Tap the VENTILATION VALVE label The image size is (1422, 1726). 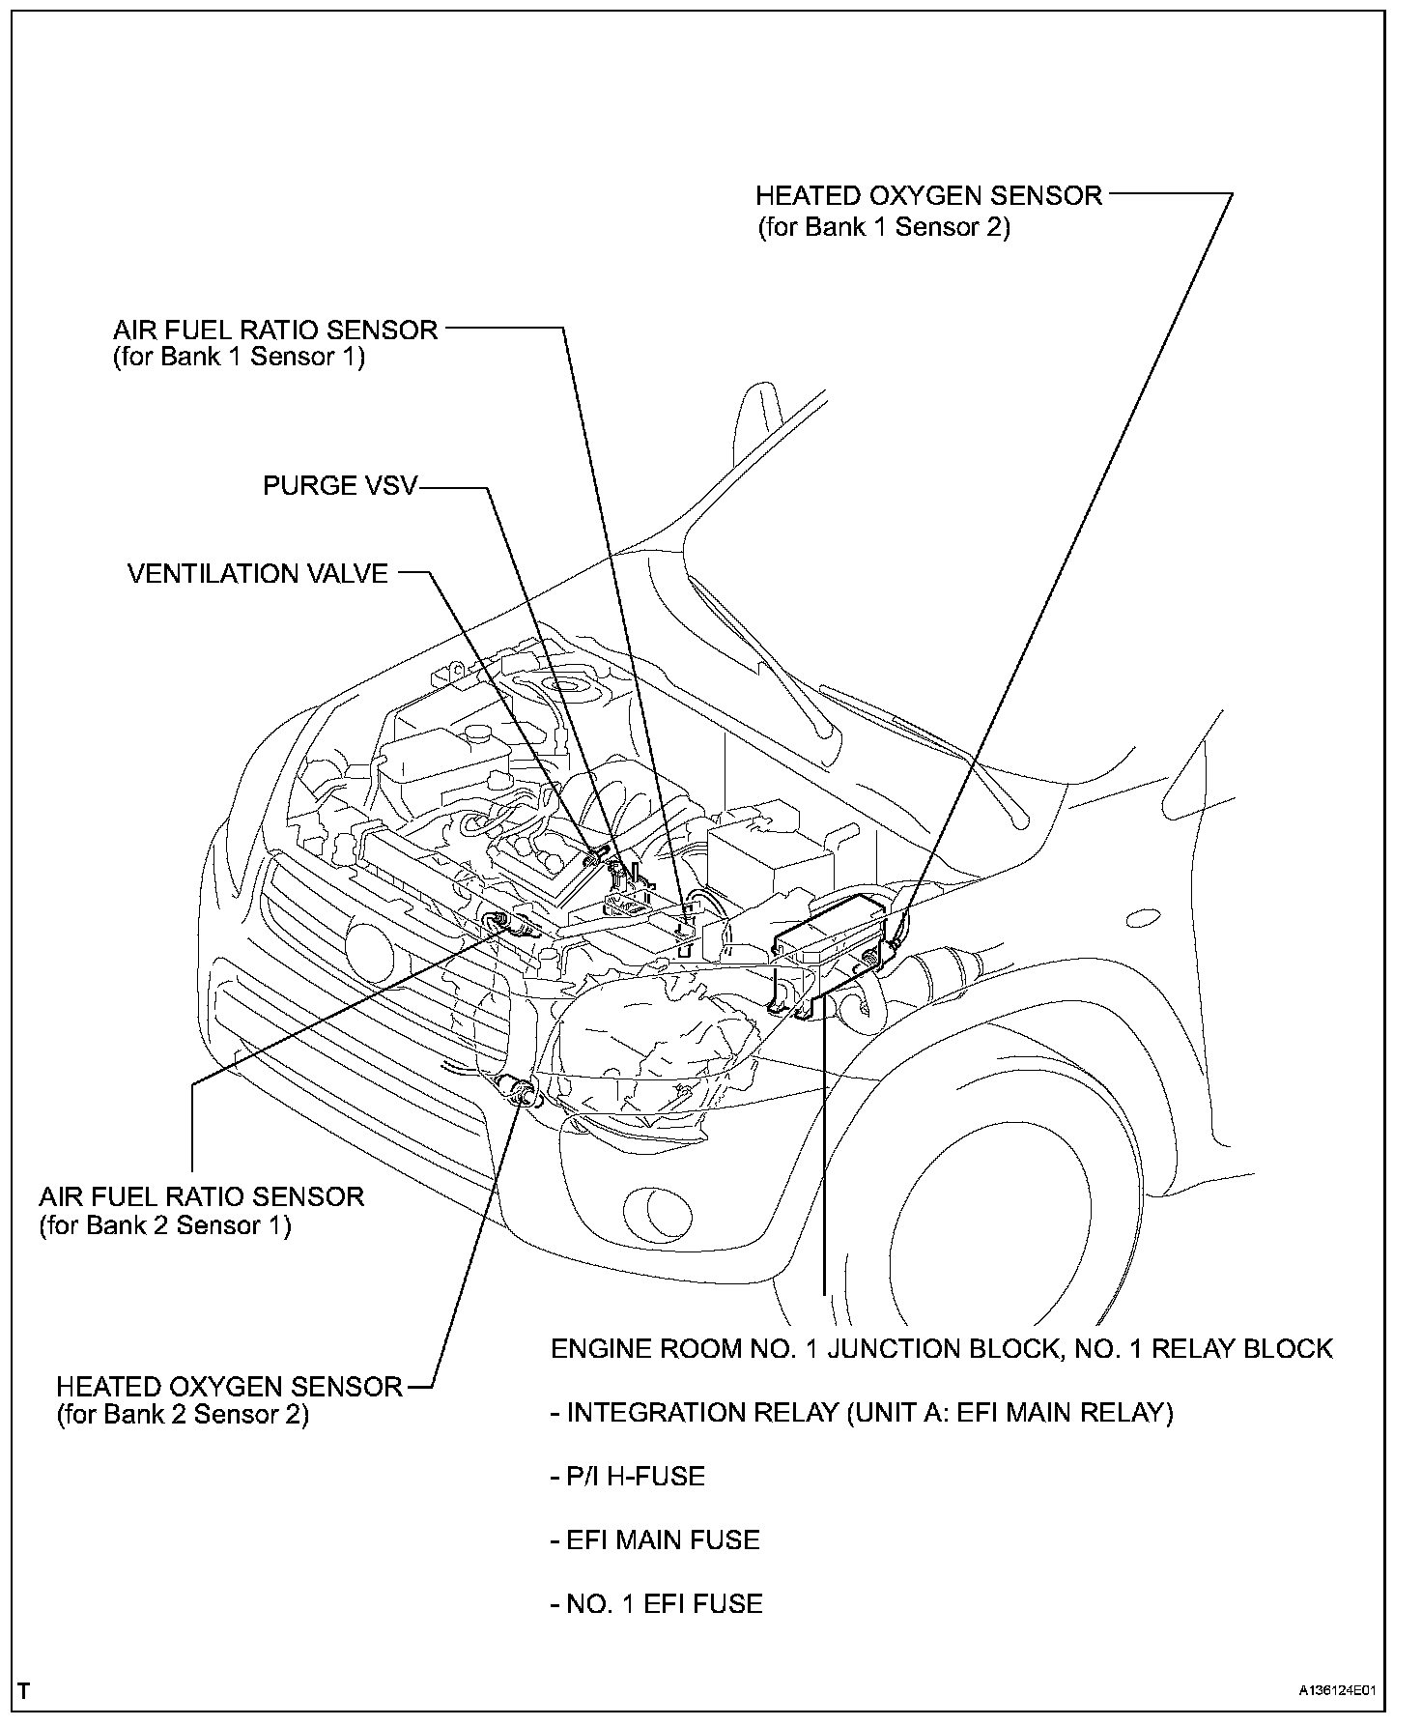[257, 573]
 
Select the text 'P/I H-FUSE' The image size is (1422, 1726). [628, 1476]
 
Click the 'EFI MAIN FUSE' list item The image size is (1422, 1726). [655, 1539]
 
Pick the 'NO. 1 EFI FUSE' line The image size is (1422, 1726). [657, 1603]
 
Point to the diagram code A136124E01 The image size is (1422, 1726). [1336, 1691]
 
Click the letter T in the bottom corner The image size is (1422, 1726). [24, 1691]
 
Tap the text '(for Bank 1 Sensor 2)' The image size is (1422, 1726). [883, 227]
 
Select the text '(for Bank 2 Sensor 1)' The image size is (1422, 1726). [164, 1225]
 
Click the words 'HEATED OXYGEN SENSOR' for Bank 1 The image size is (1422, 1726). [927, 196]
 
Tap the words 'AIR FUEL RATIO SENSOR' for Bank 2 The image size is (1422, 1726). [201, 1196]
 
